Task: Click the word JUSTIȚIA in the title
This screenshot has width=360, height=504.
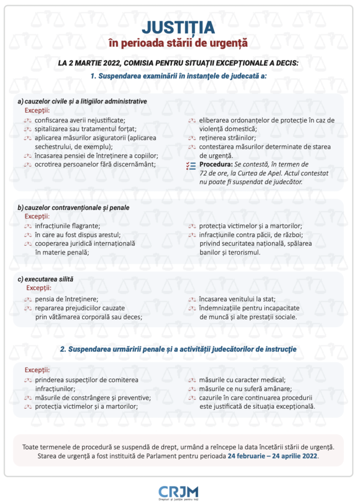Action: pos(178,26)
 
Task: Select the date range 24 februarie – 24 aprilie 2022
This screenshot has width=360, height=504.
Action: pos(273,456)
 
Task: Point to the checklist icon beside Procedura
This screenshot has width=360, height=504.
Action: pos(191,165)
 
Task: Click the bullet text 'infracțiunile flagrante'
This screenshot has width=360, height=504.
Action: pos(67,226)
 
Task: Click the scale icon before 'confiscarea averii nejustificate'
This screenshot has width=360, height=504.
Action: pos(27,120)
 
